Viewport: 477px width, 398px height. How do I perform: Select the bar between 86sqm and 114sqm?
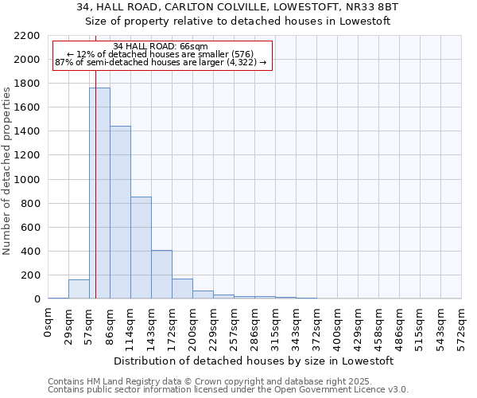click(x=120, y=213)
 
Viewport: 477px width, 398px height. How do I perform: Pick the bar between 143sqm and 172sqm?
click(x=161, y=275)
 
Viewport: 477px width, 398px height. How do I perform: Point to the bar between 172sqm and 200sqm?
click(x=182, y=289)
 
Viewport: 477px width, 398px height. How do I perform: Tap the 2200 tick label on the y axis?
click(x=27, y=36)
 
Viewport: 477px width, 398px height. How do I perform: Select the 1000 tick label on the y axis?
click(x=27, y=180)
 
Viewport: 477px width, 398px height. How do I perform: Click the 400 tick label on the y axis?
click(x=30, y=252)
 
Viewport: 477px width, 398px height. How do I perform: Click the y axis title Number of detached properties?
click(x=7, y=167)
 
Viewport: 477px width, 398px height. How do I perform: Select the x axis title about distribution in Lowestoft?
click(x=254, y=361)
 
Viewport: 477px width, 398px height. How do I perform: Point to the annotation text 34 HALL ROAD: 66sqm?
click(x=161, y=46)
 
